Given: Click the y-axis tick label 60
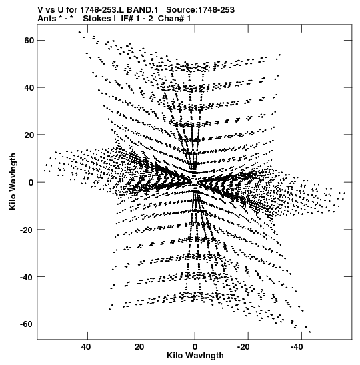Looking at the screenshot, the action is point(29,41).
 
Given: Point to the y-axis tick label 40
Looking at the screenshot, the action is point(29,88).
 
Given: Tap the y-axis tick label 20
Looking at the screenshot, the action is point(29,135).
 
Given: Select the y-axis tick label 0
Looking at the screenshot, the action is point(31,183).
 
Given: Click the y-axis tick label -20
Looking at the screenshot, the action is point(27,230).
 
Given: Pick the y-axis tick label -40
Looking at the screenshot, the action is point(27,277).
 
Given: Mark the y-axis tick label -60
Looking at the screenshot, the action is point(27,324).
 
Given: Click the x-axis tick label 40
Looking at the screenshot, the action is point(86,347).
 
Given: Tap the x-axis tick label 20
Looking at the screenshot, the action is point(139,347).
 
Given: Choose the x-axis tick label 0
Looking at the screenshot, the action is point(195,347).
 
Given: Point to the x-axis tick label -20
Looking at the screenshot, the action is point(243,347).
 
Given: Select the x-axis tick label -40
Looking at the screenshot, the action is point(297,347).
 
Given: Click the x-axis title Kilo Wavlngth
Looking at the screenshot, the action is point(195,356).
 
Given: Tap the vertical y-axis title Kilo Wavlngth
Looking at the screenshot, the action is point(13,181).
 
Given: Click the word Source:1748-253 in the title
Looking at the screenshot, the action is point(200,10).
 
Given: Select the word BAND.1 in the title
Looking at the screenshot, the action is point(142,10).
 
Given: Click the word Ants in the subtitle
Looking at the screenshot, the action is point(47,19).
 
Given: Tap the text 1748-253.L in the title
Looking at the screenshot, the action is point(103,10).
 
